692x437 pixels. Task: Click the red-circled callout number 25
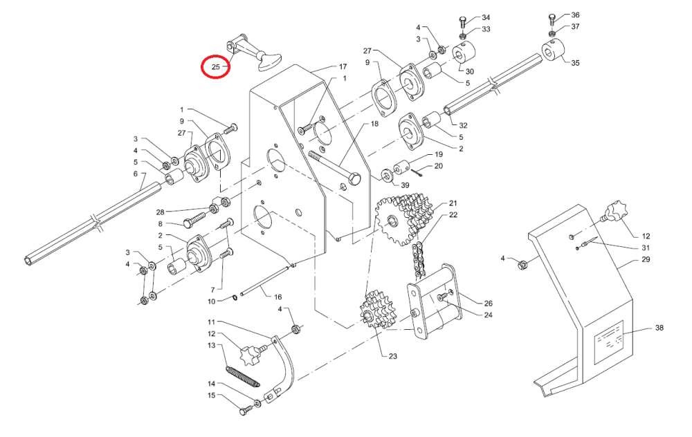pyautogui.click(x=215, y=68)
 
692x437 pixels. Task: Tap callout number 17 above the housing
pyautogui.click(x=342, y=67)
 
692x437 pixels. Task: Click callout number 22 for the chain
pyautogui.click(x=453, y=215)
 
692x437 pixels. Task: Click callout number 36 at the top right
pyautogui.click(x=575, y=15)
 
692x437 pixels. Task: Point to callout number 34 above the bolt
pyautogui.click(x=485, y=17)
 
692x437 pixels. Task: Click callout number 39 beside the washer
pyautogui.click(x=406, y=185)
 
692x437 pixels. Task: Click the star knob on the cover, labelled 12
pyautogui.click(x=614, y=210)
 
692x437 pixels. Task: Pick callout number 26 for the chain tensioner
pyautogui.click(x=488, y=303)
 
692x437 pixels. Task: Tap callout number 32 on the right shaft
pyautogui.click(x=464, y=125)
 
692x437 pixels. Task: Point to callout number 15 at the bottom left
pyautogui.click(x=212, y=396)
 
